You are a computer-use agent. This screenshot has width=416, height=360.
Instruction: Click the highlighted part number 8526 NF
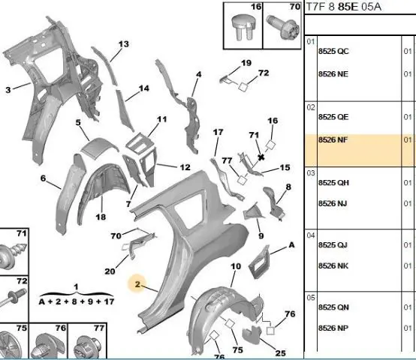[x=333, y=139]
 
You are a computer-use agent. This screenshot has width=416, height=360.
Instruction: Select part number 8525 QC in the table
[x=333, y=51]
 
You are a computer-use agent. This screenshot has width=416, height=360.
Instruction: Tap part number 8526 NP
[x=333, y=328]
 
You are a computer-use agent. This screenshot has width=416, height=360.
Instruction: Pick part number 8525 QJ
[x=333, y=245]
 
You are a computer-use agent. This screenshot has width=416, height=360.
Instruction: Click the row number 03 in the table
[x=311, y=173]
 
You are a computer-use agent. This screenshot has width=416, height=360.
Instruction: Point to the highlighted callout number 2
[x=137, y=284]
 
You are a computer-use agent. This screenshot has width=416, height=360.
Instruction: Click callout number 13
[x=124, y=44]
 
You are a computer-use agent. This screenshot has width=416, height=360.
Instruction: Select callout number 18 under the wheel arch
[x=101, y=217]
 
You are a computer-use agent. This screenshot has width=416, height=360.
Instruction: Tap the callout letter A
[x=291, y=245]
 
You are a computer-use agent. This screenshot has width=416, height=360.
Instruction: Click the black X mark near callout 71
[x=261, y=157]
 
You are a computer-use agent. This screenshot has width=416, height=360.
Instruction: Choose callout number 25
[x=280, y=353]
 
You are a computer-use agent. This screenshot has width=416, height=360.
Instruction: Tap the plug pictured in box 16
[x=243, y=27]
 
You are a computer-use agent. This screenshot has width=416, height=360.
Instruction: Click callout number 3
[x=8, y=90]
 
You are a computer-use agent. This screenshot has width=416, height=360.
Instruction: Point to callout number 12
[x=185, y=167]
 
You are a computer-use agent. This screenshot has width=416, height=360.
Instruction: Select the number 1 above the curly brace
[x=76, y=287]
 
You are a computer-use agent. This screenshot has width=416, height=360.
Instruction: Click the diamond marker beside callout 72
[x=243, y=86]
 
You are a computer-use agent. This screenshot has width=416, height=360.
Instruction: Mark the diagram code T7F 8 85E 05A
[x=344, y=7]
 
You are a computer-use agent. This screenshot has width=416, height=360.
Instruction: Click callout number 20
[x=110, y=271]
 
